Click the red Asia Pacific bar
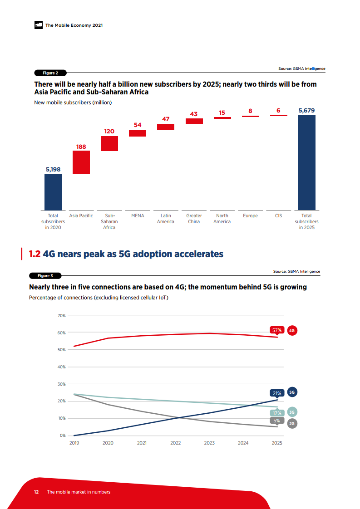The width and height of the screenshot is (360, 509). coord(81,162)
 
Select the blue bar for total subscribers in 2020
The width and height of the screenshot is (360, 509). coord(53,191)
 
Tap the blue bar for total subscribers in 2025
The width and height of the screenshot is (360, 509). coord(306,162)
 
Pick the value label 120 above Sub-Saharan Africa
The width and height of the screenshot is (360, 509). coord(109,131)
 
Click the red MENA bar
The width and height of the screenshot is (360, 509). coord(138,133)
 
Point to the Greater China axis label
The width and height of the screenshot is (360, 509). coord(194,219)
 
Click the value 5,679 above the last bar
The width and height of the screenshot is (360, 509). coord(306,110)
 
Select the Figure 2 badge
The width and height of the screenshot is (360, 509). coord(50,73)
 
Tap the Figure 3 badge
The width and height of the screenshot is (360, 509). coord(45,276)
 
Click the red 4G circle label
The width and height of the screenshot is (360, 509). coord(292,331)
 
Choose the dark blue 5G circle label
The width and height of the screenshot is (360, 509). coord(292,392)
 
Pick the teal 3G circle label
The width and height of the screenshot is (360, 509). coord(292,412)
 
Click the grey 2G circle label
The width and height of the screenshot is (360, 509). coord(292,423)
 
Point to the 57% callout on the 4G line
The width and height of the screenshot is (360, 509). coord(277,330)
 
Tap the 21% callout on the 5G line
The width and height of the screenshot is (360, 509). coord(277,393)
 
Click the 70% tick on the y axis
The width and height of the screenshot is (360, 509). coord(62,315)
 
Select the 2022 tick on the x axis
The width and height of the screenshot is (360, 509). coord(176,443)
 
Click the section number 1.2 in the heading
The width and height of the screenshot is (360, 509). coord(35,254)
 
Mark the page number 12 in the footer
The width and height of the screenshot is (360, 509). coord(36,492)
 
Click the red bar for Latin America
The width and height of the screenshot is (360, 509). coord(166,127)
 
